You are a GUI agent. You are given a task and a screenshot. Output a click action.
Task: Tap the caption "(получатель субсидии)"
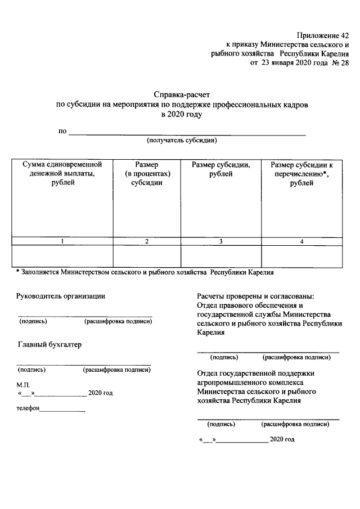tap(182, 140)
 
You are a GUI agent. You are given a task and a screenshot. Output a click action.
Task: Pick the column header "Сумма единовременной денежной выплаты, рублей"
tap(62, 174)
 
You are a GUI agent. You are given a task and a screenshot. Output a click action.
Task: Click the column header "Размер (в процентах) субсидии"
tap(147, 174)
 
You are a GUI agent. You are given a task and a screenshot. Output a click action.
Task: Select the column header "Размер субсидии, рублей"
tap(221, 170)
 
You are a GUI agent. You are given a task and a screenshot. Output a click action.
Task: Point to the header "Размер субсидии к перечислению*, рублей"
tap(302, 174)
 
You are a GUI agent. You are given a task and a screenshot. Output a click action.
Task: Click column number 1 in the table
tap(62, 242)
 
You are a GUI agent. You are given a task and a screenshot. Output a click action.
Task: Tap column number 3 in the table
tap(221, 242)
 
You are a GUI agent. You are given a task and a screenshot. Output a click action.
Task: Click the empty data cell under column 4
tap(302, 256)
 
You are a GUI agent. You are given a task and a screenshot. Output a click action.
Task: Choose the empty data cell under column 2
tap(147, 256)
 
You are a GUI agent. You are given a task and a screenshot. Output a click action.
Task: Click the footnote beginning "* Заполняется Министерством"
tap(145, 273)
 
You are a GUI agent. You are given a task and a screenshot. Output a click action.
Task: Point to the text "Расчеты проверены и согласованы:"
tap(255, 296)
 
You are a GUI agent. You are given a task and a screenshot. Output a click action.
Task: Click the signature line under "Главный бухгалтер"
tap(84, 364)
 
